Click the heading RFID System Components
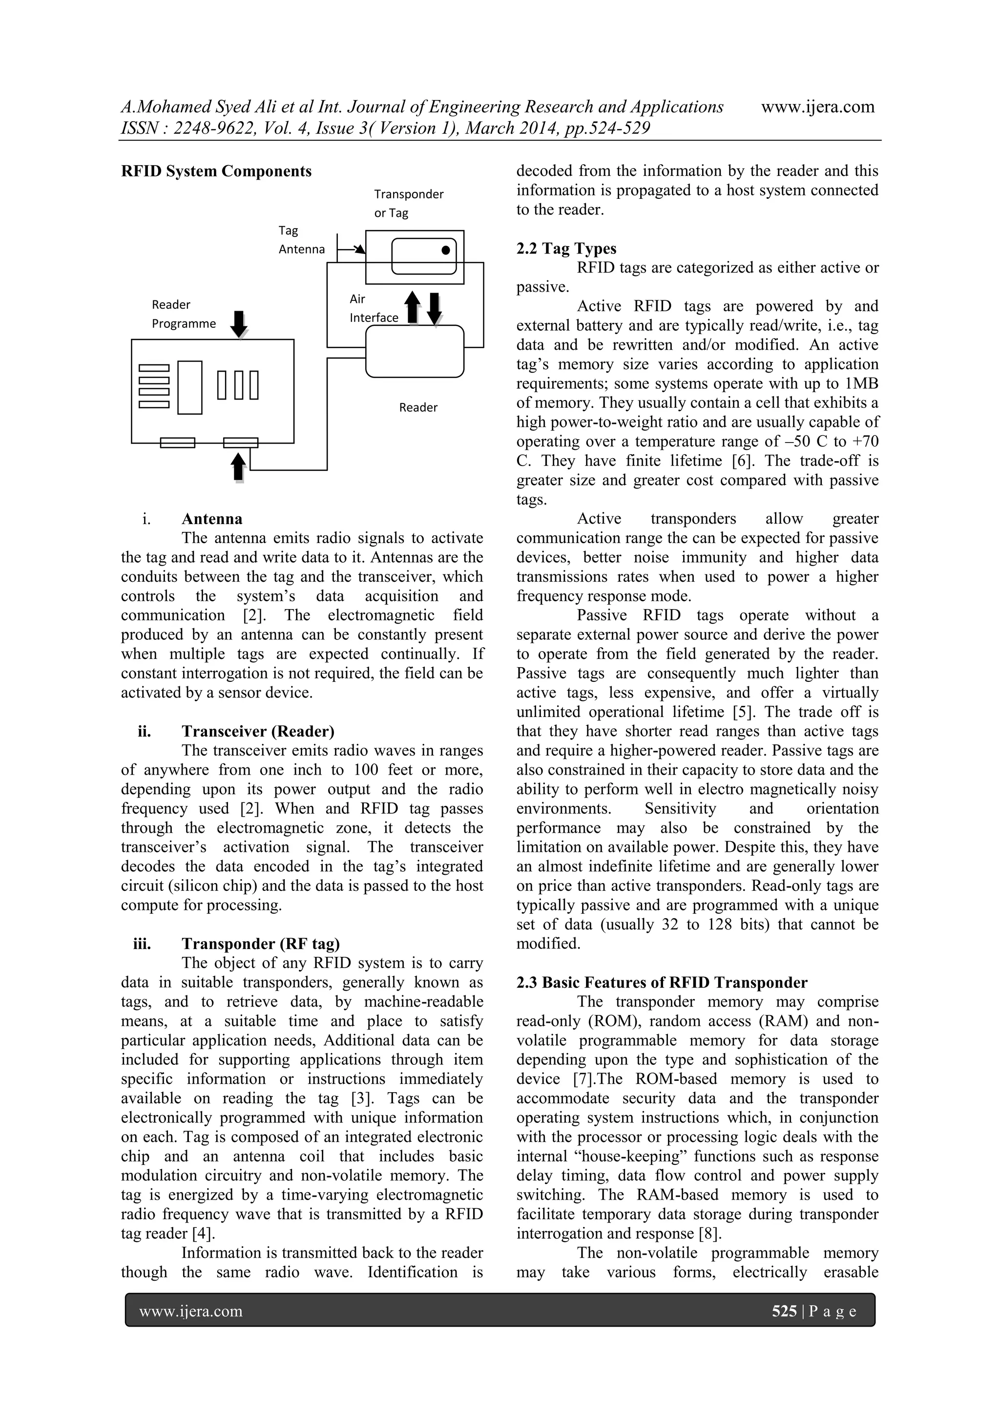216,171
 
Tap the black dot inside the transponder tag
445,250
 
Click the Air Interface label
373,308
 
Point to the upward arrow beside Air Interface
413,307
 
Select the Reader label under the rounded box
418,407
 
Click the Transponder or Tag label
408,203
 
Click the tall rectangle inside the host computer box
189,387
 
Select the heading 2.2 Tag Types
566,249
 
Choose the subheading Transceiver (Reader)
257,731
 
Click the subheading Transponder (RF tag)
260,944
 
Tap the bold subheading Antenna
212,519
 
